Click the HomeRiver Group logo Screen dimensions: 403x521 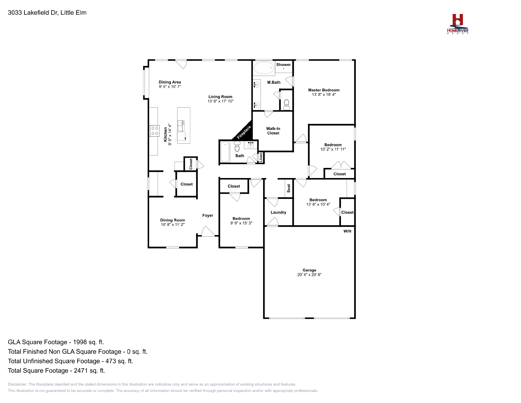click(x=458, y=24)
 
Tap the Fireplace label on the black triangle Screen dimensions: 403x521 click(x=244, y=132)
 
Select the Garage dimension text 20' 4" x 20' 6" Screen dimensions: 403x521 click(x=309, y=275)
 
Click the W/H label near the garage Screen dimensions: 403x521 click(x=347, y=231)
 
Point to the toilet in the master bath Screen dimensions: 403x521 click(x=287, y=104)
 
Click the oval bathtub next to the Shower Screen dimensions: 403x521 click(x=263, y=68)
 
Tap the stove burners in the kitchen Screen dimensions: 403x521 click(x=155, y=131)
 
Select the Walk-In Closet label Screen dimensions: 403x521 click(x=273, y=131)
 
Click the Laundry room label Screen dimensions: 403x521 click(x=278, y=212)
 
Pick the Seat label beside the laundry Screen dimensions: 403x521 click(x=289, y=188)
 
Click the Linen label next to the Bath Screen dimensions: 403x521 click(x=261, y=157)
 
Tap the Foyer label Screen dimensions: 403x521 click(x=207, y=216)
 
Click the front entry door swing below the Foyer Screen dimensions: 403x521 click(x=208, y=231)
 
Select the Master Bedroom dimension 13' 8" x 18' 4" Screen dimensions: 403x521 click(x=324, y=95)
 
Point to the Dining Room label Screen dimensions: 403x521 click(x=172, y=220)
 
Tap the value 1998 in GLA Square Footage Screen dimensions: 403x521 click(x=80, y=342)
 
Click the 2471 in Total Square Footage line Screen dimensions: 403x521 click(x=81, y=370)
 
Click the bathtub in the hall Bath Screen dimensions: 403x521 click(x=225, y=152)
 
